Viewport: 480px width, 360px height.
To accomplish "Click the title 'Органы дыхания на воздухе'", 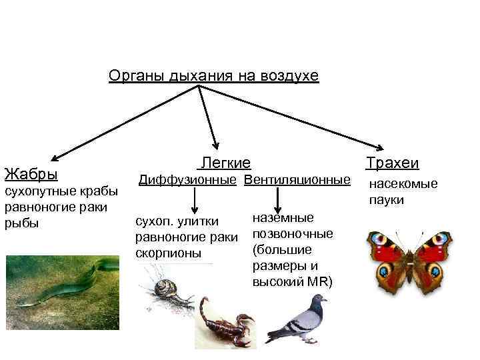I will click(213, 77).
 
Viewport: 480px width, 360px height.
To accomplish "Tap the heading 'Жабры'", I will click(31, 175).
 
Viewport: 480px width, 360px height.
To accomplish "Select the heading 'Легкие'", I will click(225, 163).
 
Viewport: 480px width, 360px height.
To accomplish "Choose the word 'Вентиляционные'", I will click(297, 180).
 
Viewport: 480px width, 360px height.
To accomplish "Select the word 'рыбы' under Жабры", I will click(22, 223).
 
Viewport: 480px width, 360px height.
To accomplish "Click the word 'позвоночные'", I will click(293, 233).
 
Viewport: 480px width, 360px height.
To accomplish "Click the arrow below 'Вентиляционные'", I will click(277, 199).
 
